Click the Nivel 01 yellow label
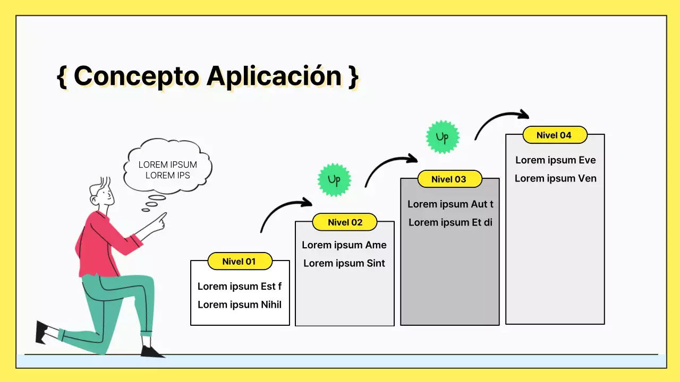(240, 261)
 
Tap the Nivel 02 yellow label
(345, 222)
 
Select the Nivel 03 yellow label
(449, 179)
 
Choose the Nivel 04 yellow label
(555, 135)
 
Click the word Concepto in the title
(136, 76)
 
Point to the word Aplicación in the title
(274, 76)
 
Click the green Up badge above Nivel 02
(334, 180)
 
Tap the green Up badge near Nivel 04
(443, 137)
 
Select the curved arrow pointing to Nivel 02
(285, 212)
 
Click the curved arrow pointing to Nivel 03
(390, 168)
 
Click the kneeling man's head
(102, 192)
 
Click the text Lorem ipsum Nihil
(240, 305)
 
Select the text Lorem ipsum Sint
(344, 263)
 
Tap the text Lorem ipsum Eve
(555, 160)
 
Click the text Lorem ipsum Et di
(450, 222)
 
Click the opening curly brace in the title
(62, 76)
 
